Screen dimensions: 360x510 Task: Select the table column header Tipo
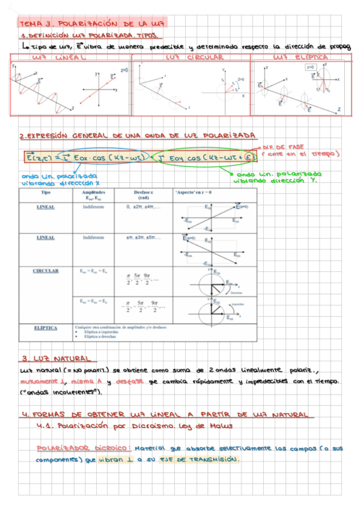(46, 192)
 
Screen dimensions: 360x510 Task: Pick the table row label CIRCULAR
(46, 271)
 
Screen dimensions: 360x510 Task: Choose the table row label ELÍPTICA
(46, 328)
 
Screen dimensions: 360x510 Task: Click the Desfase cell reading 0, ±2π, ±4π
(142, 206)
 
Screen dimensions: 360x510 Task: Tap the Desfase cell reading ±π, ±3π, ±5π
(142, 238)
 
